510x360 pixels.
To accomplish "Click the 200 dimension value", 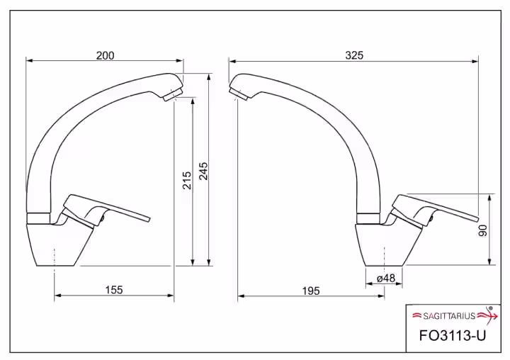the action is point(105,56).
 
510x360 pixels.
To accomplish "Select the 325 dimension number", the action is point(354,55).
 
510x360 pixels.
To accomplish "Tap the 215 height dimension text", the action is point(187,180).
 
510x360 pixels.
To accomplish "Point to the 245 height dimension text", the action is point(203,171).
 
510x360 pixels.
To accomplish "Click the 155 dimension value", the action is point(114,289).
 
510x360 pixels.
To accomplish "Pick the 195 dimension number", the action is point(311,291).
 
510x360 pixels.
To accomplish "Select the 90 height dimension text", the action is point(483,230).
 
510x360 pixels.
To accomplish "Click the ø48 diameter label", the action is point(386,278).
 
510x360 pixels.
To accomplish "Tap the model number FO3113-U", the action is point(453,335).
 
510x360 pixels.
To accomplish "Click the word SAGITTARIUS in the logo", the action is point(449,315).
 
